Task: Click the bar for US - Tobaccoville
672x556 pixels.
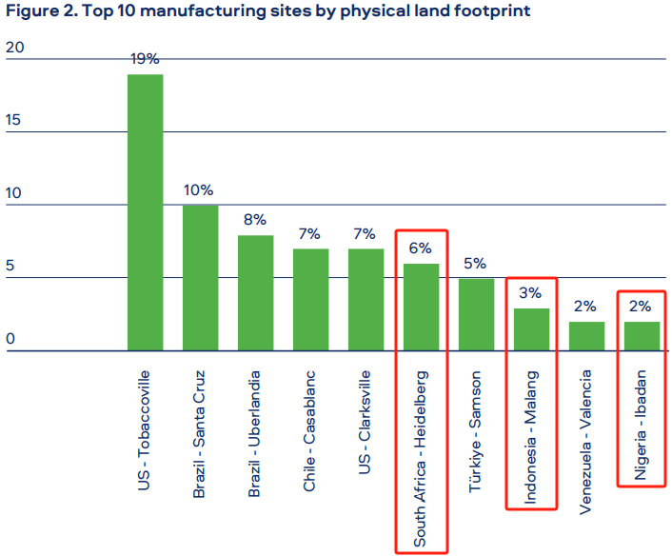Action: [x=146, y=212]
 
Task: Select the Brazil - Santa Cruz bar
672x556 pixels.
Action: [x=201, y=278]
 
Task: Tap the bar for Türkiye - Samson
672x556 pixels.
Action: [x=477, y=314]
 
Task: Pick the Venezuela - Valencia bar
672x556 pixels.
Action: [x=586, y=336]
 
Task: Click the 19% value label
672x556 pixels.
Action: [x=145, y=59]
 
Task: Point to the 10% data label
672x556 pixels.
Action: [x=198, y=189]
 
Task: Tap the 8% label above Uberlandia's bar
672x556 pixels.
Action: [x=255, y=220]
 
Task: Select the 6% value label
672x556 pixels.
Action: [x=420, y=248]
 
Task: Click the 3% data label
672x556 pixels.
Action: [x=530, y=293]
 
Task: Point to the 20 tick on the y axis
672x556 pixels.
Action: [x=15, y=48]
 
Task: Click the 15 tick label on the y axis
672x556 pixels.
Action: [x=13, y=120]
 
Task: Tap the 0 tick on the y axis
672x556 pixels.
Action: [x=10, y=339]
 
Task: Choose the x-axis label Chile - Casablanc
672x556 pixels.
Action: [x=309, y=431]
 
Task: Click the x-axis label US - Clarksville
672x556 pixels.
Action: [x=365, y=423]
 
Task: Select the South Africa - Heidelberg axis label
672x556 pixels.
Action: [x=420, y=459]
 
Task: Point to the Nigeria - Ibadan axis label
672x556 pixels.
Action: [x=640, y=425]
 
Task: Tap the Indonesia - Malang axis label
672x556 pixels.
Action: [x=530, y=437]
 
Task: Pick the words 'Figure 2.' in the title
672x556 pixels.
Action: [x=42, y=10]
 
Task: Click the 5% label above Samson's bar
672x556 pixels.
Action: [x=475, y=263]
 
